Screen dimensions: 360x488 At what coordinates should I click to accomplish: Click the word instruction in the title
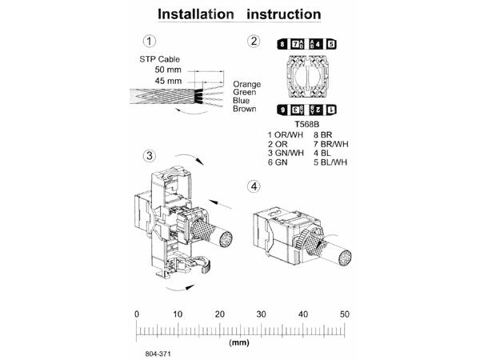pyautogui.click(x=284, y=14)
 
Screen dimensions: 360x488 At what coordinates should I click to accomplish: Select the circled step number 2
pyautogui.click(x=254, y=42)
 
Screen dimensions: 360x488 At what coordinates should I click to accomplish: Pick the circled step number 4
pyautogui.click(x=254, y=187)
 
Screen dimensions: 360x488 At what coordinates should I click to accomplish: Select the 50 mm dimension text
pyautogui.click(x=168, y=70)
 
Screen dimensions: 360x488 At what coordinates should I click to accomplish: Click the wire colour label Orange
pyautogui.click(x=246, y=84)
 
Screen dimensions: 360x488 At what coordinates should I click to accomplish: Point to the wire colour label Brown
pyautogui.click(x=245, y=109)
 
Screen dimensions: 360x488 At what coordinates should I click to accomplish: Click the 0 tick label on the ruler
pyautogui.click(x=137, y=314)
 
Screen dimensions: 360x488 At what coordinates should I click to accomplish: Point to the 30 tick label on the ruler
pyautogui.click(x=262, y=314)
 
